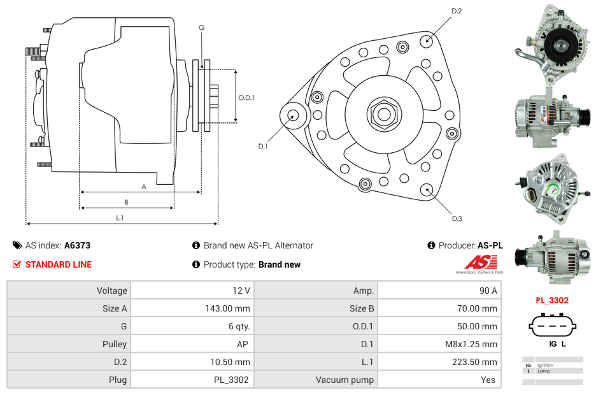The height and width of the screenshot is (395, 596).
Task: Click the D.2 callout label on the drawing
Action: [x=457, y=11]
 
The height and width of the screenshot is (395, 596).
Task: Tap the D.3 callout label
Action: [x=457, y=219]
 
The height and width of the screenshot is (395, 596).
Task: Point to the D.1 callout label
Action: [x=262, y=147]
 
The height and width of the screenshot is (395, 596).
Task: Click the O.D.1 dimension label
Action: [x=246, y=97]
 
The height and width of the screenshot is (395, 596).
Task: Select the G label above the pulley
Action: [x=201, y=28]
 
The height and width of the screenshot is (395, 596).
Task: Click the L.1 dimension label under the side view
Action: [x=120, y=218]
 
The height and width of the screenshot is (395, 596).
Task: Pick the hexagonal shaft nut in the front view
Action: [x=383, y=113]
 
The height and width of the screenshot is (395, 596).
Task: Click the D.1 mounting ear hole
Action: [x=294, y=115]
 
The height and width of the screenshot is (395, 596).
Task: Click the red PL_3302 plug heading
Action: [x=551, y=300]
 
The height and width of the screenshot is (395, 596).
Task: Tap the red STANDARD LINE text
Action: [x=58, y=264]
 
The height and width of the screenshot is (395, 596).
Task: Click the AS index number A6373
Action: [x=78, y=245]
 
